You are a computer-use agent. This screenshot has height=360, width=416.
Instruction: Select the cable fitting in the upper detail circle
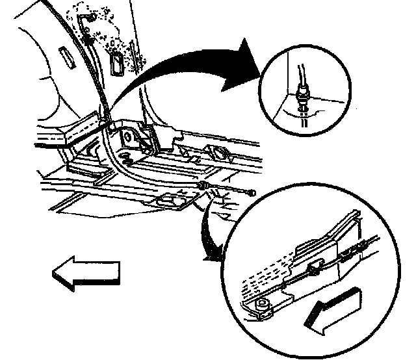tap(301, 96)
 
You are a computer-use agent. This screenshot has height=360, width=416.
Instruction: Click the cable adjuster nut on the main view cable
tap(205, 188)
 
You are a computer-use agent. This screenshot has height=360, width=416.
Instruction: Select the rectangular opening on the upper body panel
tap(116, 64)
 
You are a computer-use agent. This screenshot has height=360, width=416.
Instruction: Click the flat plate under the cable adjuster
tap(170, 201)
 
